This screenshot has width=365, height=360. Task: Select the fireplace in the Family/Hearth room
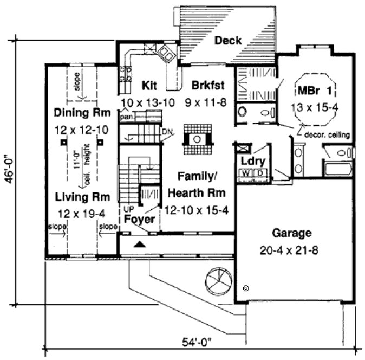(195, 139)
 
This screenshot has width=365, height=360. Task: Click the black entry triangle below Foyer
(140, 245)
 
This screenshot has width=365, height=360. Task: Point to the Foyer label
(139, 220)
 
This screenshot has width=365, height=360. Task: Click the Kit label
(149, 85)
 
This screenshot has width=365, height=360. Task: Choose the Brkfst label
(207, 85)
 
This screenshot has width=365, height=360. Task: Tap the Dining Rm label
(82, 113)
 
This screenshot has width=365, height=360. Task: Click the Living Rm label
(82, 196)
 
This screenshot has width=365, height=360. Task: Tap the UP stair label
(128, 208)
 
